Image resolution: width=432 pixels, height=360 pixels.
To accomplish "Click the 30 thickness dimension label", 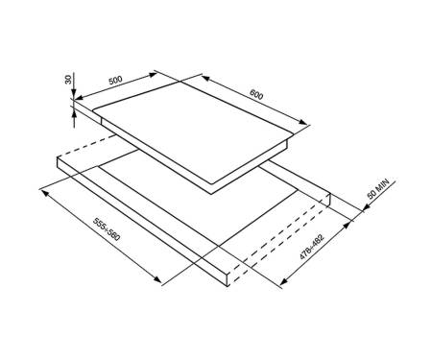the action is [68, 80].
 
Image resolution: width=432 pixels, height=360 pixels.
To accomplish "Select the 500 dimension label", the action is [115, 80].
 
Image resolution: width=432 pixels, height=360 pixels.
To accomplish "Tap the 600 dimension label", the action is [256, 94].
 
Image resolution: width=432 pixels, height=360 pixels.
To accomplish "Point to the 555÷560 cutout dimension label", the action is [107, 229].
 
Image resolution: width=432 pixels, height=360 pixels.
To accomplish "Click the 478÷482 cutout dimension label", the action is [312, 247].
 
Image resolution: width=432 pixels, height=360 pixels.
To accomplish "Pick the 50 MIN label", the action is [378, 189].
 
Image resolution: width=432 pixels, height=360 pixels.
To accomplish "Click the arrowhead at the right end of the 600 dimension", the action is [303, 122].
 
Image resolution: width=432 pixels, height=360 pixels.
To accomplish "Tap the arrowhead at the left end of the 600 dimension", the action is [205, 78].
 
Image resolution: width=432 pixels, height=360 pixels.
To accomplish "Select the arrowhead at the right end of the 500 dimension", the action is [153, 75].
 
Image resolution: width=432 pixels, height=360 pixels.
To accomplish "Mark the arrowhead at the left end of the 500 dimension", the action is [79, 97].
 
